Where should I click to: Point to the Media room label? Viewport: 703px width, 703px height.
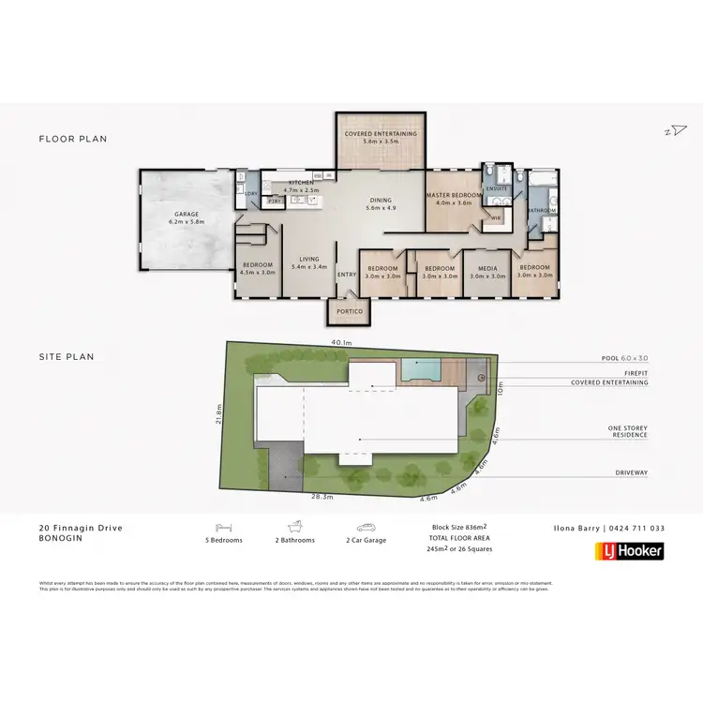pos(486,271)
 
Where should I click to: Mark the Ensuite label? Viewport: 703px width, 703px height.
pos(497,188)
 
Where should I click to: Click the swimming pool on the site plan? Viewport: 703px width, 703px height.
pos(420,369)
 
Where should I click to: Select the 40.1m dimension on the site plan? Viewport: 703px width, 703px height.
pos(341,343)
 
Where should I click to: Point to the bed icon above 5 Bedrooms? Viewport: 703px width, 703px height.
pos(223,528)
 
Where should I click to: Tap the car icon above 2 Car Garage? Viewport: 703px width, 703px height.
pos(366,528)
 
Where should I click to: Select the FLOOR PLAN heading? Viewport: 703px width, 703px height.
pos(73,139)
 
